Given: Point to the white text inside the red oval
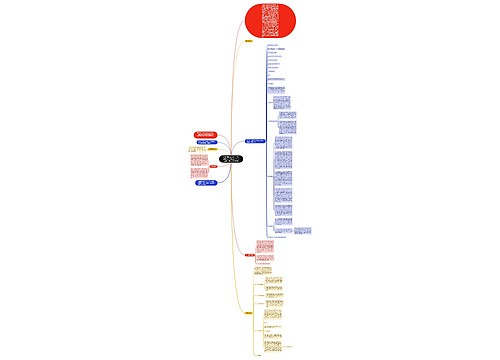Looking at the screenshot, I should [x=271, y=19].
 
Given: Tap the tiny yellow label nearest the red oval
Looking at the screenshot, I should [x=248, y=41].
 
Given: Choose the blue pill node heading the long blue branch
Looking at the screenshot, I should [x=255, y=141].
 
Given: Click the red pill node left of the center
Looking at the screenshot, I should [x=204, y=134].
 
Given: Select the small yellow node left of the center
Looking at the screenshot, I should [x=212, y=150].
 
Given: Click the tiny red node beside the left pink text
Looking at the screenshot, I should [x=214, y=166].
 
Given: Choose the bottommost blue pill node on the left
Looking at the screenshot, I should [x=204, y=184].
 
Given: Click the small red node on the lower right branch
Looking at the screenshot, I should [x=249, y=255].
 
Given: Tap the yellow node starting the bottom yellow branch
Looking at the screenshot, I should [x=247, y=313].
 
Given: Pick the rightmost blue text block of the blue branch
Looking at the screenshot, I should [x=302, y=231].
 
